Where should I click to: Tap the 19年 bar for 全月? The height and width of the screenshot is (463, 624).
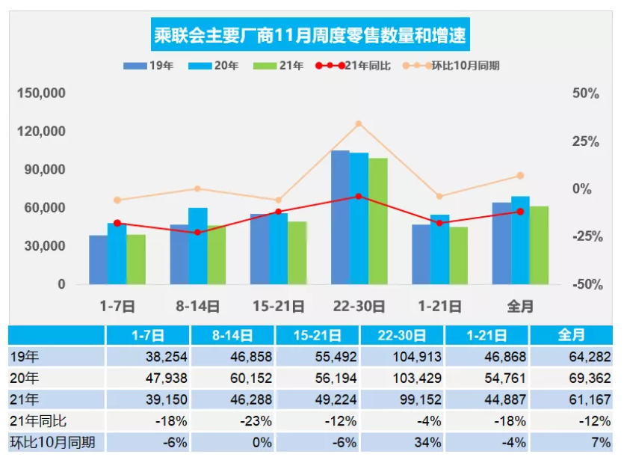coord(501,243)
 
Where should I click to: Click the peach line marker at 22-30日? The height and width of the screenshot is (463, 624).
coord(359,124)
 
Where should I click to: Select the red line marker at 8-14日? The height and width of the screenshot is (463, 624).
coord(197,233)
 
